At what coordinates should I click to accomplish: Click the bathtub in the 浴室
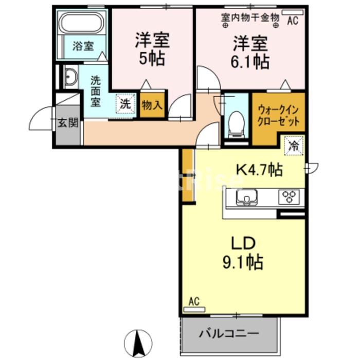(x=82, y=23)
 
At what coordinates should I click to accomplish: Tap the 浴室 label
(x=83, y=46)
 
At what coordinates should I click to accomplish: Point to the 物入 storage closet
(x=152, y=106)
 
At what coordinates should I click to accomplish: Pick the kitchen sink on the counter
(x=247, y=197)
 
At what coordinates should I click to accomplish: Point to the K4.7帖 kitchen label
(x=259, y=170)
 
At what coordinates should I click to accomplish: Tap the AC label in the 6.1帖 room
(x=293, y=21)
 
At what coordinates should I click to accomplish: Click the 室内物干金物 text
(x=250, y=17)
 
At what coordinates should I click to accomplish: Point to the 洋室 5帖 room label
(x=152, y=49)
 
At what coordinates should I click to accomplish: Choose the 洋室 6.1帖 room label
(x=249, y=51)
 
